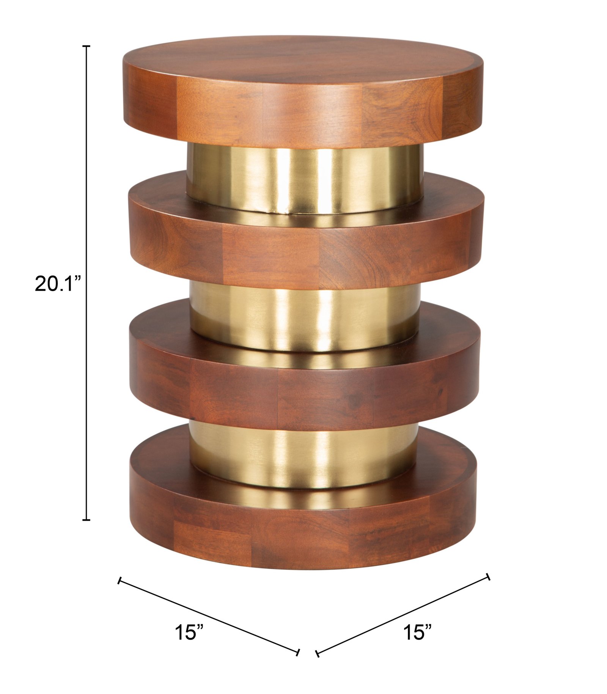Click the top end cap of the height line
point(86,46)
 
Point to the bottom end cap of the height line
point(86,520)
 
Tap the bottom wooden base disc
point(303,538)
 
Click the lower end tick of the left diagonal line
point(298,652)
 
